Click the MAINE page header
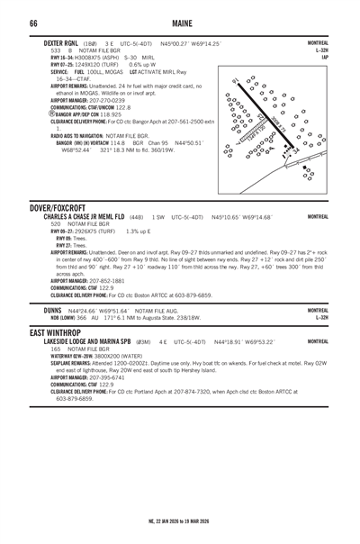click(180, 22)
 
